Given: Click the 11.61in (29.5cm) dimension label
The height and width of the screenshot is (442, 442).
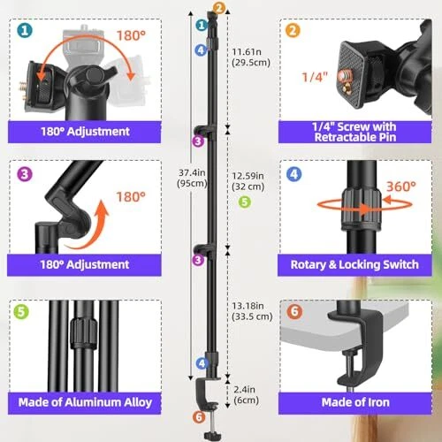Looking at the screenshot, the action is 251,57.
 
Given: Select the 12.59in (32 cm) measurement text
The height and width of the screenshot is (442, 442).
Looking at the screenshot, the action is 248,181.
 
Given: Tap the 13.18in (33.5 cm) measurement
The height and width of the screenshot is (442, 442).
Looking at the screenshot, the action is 252,311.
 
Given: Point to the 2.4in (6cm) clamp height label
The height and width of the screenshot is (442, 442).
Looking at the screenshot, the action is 246,395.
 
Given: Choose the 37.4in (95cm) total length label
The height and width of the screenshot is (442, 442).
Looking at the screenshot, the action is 192,178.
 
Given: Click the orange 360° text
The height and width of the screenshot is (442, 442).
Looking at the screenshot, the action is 400,187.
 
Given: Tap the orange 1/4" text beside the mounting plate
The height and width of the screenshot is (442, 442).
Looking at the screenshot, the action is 315,77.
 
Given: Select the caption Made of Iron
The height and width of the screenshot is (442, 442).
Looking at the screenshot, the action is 355,402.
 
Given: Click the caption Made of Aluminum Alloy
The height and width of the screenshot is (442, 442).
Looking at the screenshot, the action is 85,402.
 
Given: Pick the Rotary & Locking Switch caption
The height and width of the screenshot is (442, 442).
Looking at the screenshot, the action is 354,264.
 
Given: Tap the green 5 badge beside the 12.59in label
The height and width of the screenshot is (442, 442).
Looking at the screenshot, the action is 244,202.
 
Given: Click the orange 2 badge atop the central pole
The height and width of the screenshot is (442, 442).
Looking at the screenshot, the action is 219,9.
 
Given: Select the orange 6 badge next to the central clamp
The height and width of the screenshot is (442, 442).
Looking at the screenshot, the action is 199,417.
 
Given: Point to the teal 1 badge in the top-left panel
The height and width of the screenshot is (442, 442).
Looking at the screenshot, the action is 25,30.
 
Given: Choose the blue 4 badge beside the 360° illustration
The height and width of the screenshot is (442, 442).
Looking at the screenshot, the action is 293,174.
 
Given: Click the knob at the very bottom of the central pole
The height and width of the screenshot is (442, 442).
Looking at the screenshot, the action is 212,435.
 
